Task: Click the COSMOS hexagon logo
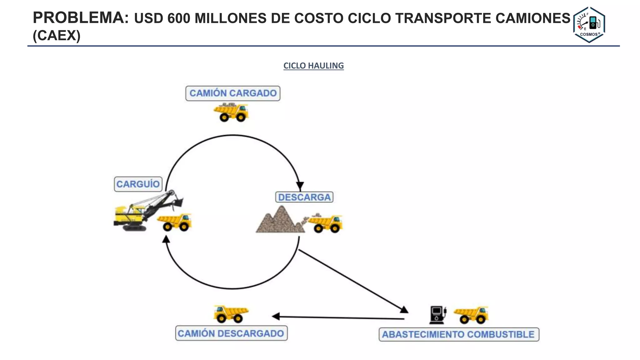click(589, 24)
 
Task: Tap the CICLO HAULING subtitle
click(313, 66)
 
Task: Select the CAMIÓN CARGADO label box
click(233, 93)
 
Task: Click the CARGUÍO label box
click(138, 184)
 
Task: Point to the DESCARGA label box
click(304, 197)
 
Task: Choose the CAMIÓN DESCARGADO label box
click(231, 333)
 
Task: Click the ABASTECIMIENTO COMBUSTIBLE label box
click(458, 334)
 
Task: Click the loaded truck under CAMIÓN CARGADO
click(231, 112)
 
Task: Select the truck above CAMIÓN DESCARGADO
click(231, 314)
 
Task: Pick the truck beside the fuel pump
click(471, 315)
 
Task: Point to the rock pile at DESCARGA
click(280, 221)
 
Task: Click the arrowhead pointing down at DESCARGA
click(300, 186)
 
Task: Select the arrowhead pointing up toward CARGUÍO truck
click(166, 239)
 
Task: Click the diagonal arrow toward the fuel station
click(352, 280)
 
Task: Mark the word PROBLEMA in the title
click(81, 18)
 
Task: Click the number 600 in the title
click(179, 18)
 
